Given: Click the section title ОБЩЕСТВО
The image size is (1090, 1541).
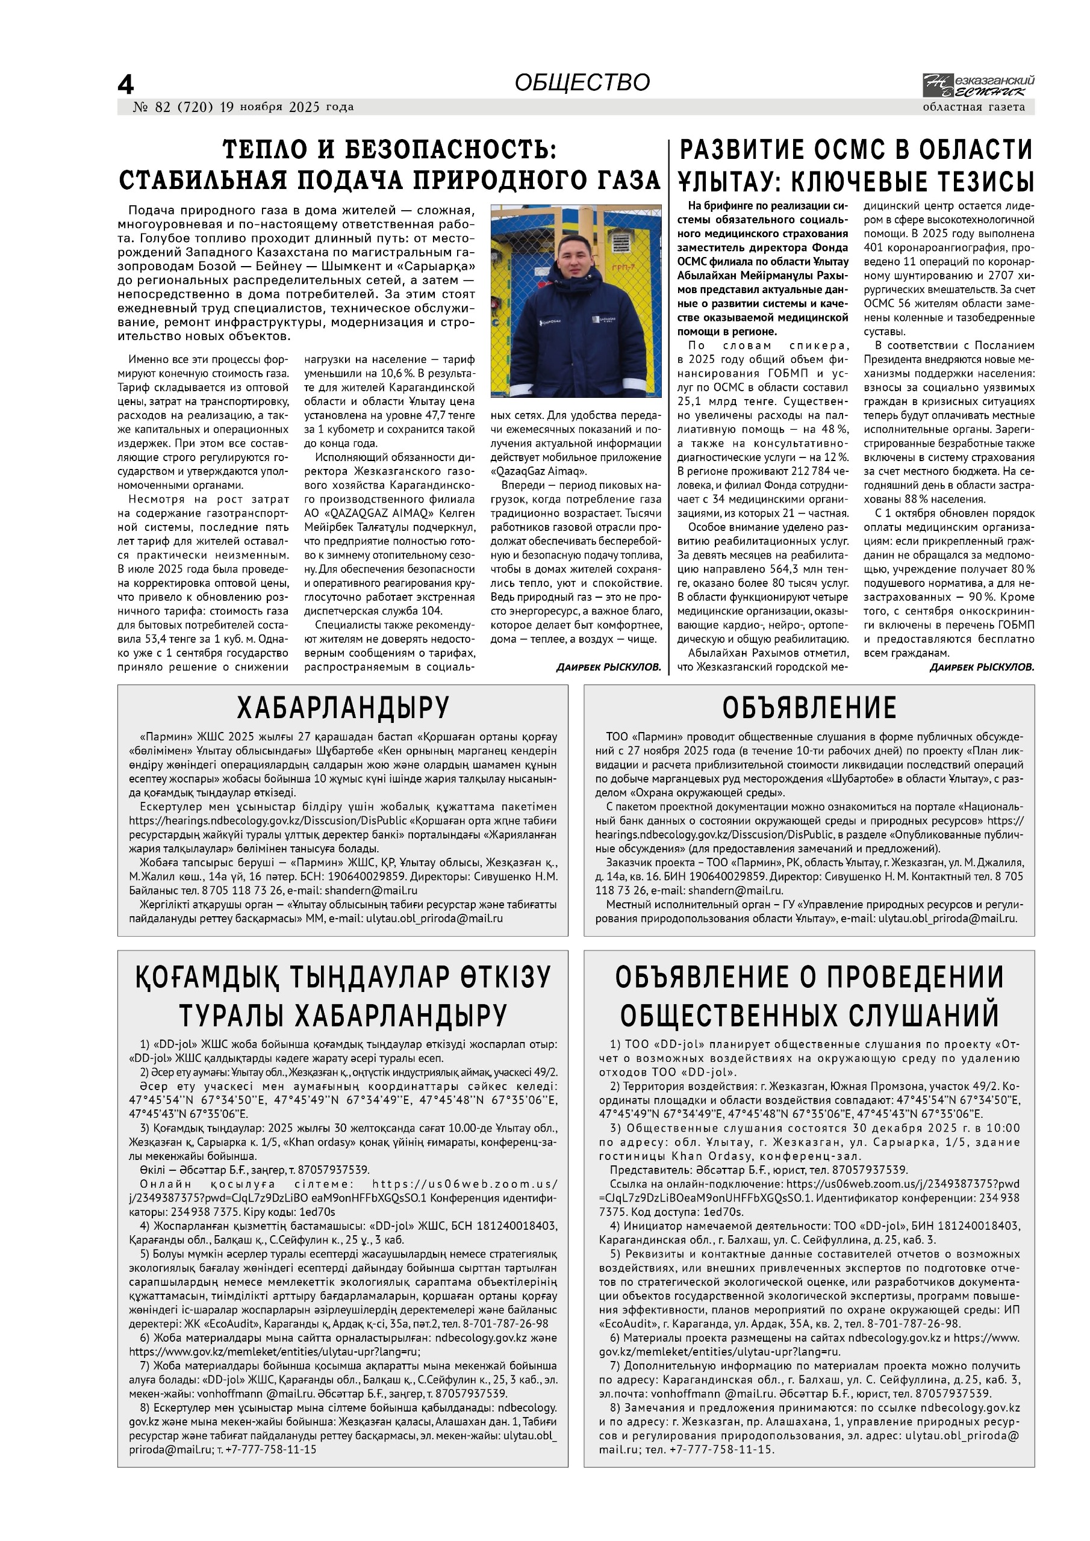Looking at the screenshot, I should coord(582,82).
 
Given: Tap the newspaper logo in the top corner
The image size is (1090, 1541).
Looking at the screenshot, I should coord(978,86).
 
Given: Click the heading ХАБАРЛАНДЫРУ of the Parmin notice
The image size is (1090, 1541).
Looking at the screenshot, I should coord(343,707).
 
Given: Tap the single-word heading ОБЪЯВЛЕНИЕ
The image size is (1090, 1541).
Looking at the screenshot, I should coord(809,707).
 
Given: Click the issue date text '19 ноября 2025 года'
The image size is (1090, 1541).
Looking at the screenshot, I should coord(286,107).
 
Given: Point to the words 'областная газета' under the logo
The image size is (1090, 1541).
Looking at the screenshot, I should coord(974,107).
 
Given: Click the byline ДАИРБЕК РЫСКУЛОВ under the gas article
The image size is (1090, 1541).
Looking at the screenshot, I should coord(608,667).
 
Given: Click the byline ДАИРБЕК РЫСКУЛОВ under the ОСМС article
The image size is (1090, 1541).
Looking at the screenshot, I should coord(982,667).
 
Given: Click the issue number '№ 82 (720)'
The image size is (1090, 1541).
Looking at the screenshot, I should coord(173,107).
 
